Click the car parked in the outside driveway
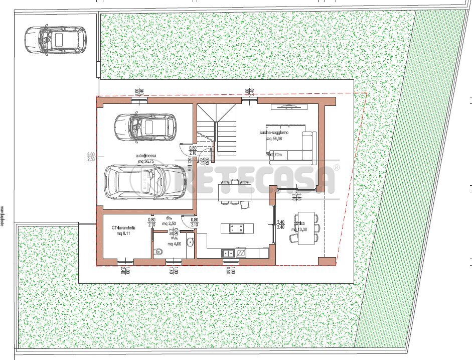tap(55, 39)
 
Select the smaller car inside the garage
tap(145, 127)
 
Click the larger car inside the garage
tap(141, 182)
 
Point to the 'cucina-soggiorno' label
tap(274, 132)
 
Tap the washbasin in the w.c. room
tap(190, 243)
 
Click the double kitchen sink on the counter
tap(229, 253)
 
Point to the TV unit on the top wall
tap(288, 106)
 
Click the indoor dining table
tap(235, 191)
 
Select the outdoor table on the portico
tap(305, 228)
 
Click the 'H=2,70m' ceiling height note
tap(273, 155)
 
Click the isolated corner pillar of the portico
tap(327, 261)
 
